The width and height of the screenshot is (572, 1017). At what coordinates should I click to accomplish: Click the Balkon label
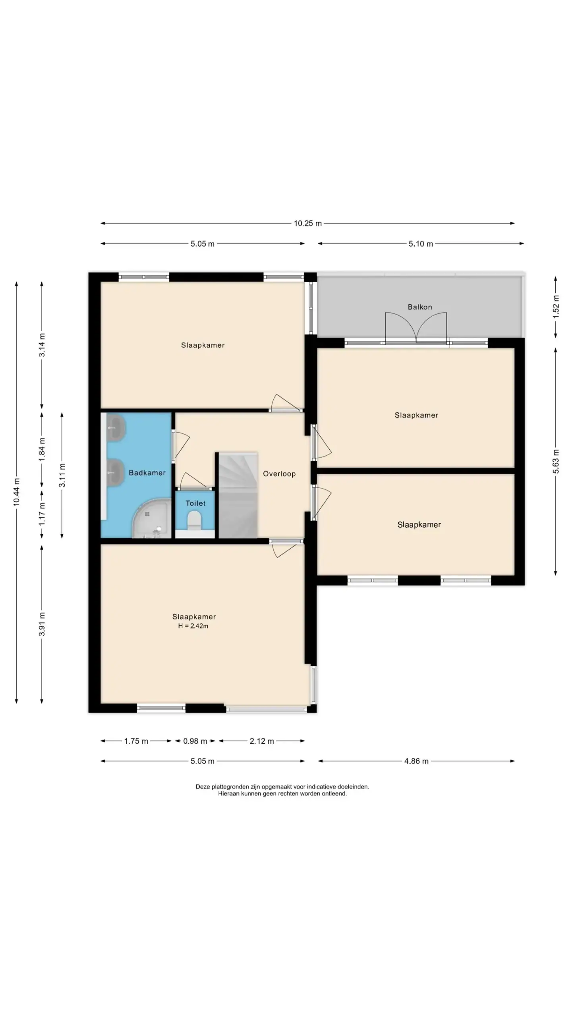pyautogui.click(x=419, y=307)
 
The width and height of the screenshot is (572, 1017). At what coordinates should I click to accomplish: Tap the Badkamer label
pyautogui.click(x=147, y=473)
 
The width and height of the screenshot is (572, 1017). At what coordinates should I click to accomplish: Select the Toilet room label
pyautogui.click(x=195, y=503)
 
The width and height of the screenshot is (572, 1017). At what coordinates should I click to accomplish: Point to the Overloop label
pyautogui.click(x=279, y=474)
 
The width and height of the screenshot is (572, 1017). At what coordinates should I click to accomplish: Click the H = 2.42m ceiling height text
pyautogui.click(x=193, y=626)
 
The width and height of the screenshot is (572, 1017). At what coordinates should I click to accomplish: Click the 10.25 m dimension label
pyautogui.click(x=308, y=223)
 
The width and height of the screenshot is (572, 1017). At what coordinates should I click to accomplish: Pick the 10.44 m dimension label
pyautogui.click(x=16, y=492)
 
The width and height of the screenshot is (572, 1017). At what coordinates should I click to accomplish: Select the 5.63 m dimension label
pyautogui.click(x=556, y=461)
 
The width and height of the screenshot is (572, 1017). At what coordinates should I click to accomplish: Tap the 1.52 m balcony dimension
pyautogui.click(x=556, y=307)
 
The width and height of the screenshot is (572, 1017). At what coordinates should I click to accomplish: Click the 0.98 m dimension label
pyautogui.click(x=195, y=741)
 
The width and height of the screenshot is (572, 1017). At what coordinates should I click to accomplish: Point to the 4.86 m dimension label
pyautogui.click(x=416, y=761)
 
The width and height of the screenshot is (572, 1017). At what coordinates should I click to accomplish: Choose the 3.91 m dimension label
pyautogui.click(x=42, y=624)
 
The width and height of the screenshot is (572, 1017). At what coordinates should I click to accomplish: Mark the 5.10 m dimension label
pyautogui.click(x=421, y=244)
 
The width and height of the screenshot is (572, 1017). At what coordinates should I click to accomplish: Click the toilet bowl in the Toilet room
pyautogui.click(x=194, y=520)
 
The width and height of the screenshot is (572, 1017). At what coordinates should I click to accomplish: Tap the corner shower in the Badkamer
pyautogui.click(x=151, y=519)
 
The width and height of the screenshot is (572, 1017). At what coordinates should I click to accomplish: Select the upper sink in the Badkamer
pyautogui.click(x=116, y=427)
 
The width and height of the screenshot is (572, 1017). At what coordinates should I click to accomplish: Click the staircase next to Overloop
pyautogui.click(x=238, y=495)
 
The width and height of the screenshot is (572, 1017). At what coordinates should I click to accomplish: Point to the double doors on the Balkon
pyautogui.click(x=416, y=327)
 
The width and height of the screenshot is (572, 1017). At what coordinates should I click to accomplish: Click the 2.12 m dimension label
pyautogui.click(x=262, y=741)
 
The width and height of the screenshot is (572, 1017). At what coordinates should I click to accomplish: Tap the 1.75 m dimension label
pyautogui.click(x=136, y=741)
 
